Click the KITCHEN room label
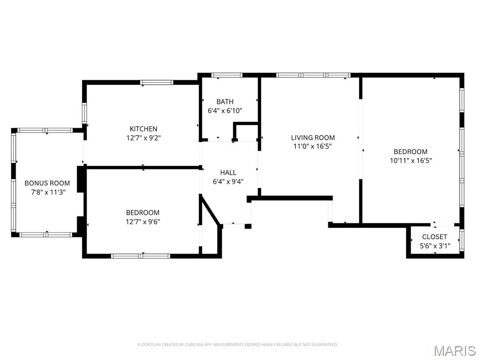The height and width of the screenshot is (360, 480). tap(143, 129)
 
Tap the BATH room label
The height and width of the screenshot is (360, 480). tap(225, 102)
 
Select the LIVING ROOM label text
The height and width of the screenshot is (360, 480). tap(313, 137)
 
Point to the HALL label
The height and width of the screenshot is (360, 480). tap(228, 172)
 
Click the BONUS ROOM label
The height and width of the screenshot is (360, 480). tap(47, 183)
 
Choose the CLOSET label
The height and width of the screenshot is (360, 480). tap(435, 237)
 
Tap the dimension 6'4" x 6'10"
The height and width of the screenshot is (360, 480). tap(225, 111)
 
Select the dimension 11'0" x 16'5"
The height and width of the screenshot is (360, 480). tap(313, 146)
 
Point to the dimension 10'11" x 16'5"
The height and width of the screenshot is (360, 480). tap(411, 160)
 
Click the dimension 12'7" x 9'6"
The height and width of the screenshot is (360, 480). tap(143, 222)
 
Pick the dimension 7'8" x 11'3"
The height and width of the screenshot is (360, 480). tap(47, 192)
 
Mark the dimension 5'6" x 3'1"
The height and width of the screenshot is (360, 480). tap(435, 246)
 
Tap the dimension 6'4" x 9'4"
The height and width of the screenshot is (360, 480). tap(228, 182)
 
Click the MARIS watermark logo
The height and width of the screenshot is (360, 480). tap(454, 351)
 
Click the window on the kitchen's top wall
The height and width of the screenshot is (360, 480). tap(157, 82)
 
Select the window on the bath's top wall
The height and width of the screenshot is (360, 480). tap(227, 75)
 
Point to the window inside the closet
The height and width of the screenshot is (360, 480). tap(462, 239)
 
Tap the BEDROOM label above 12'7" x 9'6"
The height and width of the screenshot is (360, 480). tap(143, 213)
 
